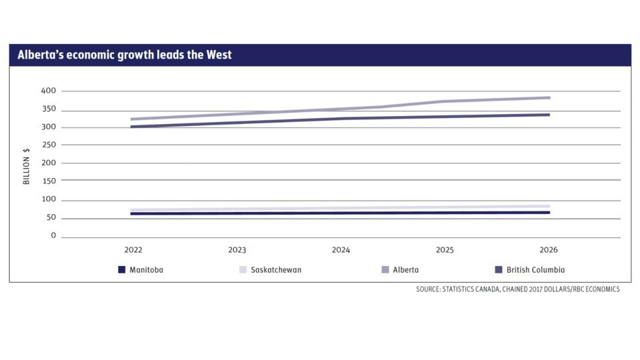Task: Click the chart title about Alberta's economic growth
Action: point(125,55)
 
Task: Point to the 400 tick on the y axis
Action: point(49,91)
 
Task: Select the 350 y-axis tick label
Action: point(49,110)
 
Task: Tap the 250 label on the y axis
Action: point(49,145)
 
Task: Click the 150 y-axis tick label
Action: point(49,180)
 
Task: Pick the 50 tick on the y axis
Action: point(51,218)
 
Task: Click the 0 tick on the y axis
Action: point(53,236)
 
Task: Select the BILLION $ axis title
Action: point(27,166)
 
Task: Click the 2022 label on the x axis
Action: point(133,250)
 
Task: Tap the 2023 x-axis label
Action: point(237,250)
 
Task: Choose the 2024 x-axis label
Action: point(341,250)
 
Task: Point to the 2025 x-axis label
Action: point(445,250)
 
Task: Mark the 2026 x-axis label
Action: point(549,250)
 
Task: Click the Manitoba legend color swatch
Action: point(121,270)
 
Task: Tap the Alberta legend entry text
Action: point(406,270)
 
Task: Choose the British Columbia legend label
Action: point(535,270)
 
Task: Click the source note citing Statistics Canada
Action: point(518,289)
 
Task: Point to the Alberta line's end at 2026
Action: point(549,98)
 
